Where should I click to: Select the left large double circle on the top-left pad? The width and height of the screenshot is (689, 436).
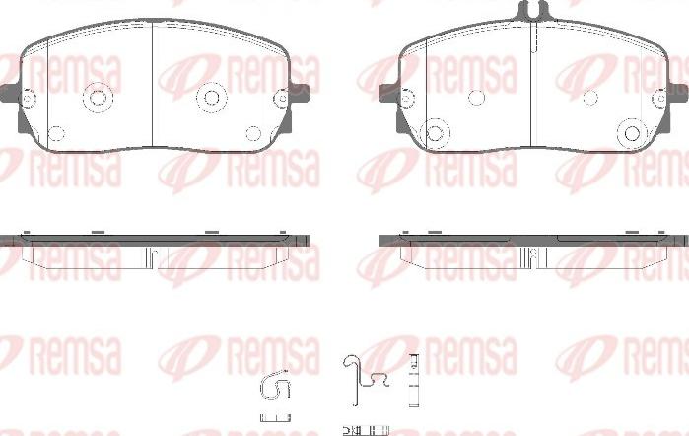point(97,97)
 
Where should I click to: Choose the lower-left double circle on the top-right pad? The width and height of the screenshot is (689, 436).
point(432,131)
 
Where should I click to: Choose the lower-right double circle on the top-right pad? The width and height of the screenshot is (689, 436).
point(632,131)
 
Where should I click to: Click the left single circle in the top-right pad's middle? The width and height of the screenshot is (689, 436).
point(476,97)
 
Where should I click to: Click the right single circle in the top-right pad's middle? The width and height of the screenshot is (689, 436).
point(589,97)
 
